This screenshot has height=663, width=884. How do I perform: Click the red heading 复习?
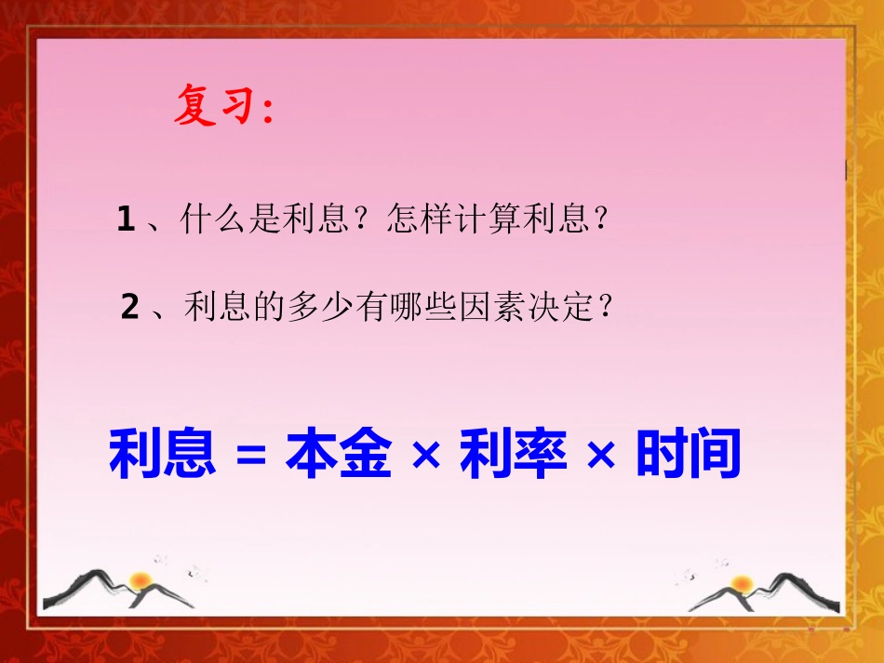pyautogui.click(x=214, y=107)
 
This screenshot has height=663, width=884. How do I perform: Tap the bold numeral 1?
pyautogui.click(x=127, y=219)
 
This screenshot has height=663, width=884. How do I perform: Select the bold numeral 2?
pyautogui.click(x=130, y=306)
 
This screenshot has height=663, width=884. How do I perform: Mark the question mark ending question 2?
pyautogui.click(x=608, y=306)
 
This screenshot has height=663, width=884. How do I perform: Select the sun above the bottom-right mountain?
pyautogui.click(x=742, y=583)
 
